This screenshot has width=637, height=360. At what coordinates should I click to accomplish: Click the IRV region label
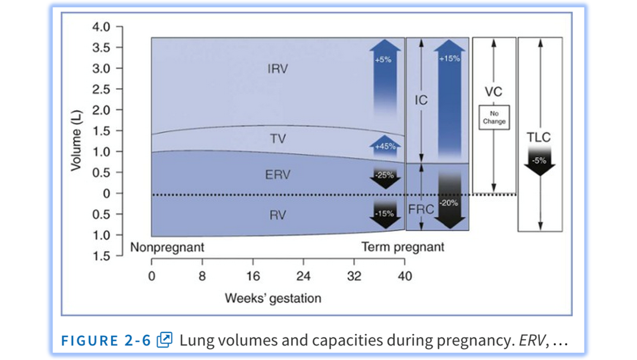pyautogui.click(x=277, y=69)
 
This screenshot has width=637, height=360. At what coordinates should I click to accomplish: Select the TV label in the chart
pyautogui.click(x=277, y=138)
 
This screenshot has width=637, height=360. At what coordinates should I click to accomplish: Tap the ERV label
pyautogui.click(x=277, y=175)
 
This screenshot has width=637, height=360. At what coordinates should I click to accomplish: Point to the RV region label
pyautogui.click(x=277, y=215)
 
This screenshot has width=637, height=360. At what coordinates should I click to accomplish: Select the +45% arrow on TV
pyautogui.click(x=385, y=146)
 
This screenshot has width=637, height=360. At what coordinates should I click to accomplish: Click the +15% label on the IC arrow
pyautogui.click(x=449, y=58)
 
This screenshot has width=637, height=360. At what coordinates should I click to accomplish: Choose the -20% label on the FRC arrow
pyautogui.click(x=449, y=203)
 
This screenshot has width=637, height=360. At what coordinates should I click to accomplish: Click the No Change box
pyautogui.click(x=494, y=117)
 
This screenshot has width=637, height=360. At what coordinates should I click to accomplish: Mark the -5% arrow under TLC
pyautogui.click(x=540, y=161)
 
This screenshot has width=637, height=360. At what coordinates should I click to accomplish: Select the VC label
pyautogui.click(x=494, y=92)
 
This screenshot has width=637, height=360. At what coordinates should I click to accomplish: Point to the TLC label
pyautogui.click(x=540, y=138)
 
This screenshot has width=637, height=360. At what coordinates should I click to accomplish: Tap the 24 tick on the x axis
pyautogui.click(x=303, y=276)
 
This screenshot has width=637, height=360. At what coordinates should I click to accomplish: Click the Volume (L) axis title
pyautogui.click(x=76, y=141)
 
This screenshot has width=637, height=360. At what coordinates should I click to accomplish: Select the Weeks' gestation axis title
pyautogui.click(x=273, y=298)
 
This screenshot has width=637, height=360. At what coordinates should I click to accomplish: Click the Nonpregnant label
pyautogui.click(x=167, y=247)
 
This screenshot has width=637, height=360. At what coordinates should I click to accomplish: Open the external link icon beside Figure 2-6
pyautogui.click(x=165, y=340)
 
